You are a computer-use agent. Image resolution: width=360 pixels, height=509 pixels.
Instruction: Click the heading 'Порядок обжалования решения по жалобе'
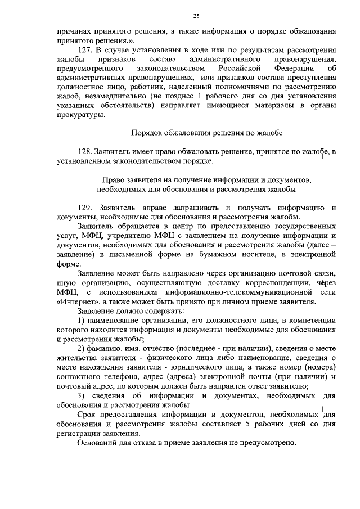pyautogui.click(x=206, y=133)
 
